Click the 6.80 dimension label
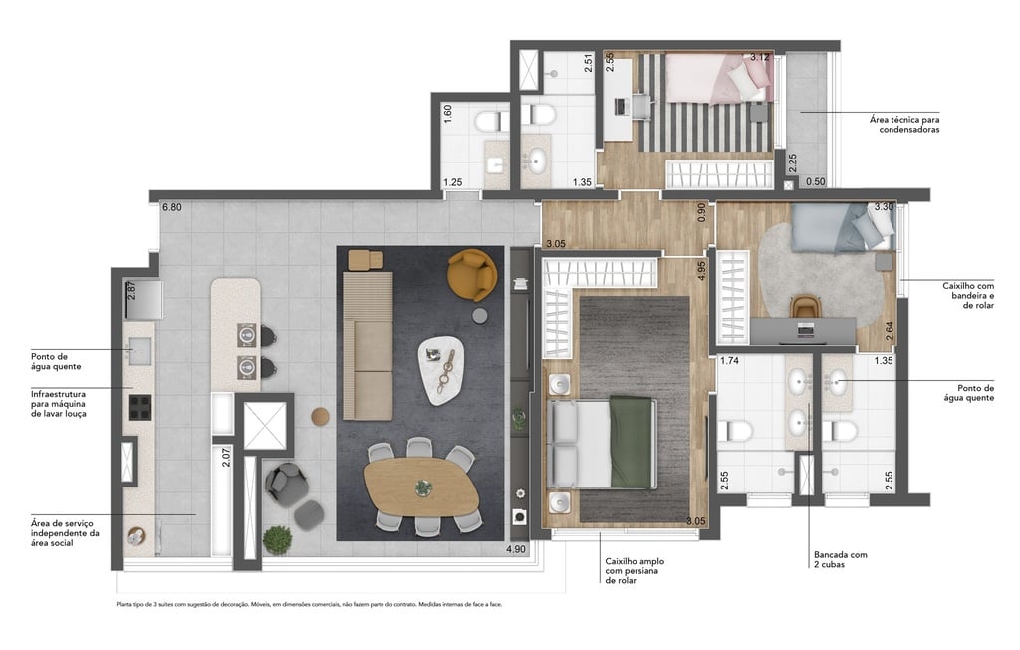(x=173, y=208)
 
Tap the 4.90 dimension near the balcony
(x=516, y=549)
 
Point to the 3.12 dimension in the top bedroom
(x=760, y=58)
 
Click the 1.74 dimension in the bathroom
(x=729, y=361)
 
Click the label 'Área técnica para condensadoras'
(x=903, y=123)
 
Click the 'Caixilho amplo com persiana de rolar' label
(x=635, y=571)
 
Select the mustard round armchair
(x=472, y=274)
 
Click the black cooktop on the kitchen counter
(x=139, y=406)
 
